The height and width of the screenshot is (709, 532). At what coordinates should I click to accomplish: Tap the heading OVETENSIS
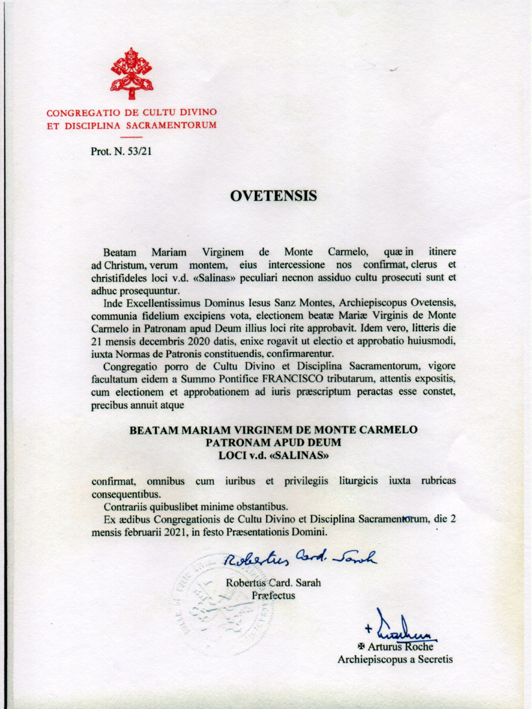point(272,195)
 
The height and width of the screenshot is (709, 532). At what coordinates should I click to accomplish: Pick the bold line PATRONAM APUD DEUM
point(273,443)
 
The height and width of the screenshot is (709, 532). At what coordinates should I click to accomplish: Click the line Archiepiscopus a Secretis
point(395,660)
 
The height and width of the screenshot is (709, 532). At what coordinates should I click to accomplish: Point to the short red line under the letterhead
point(131,137)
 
